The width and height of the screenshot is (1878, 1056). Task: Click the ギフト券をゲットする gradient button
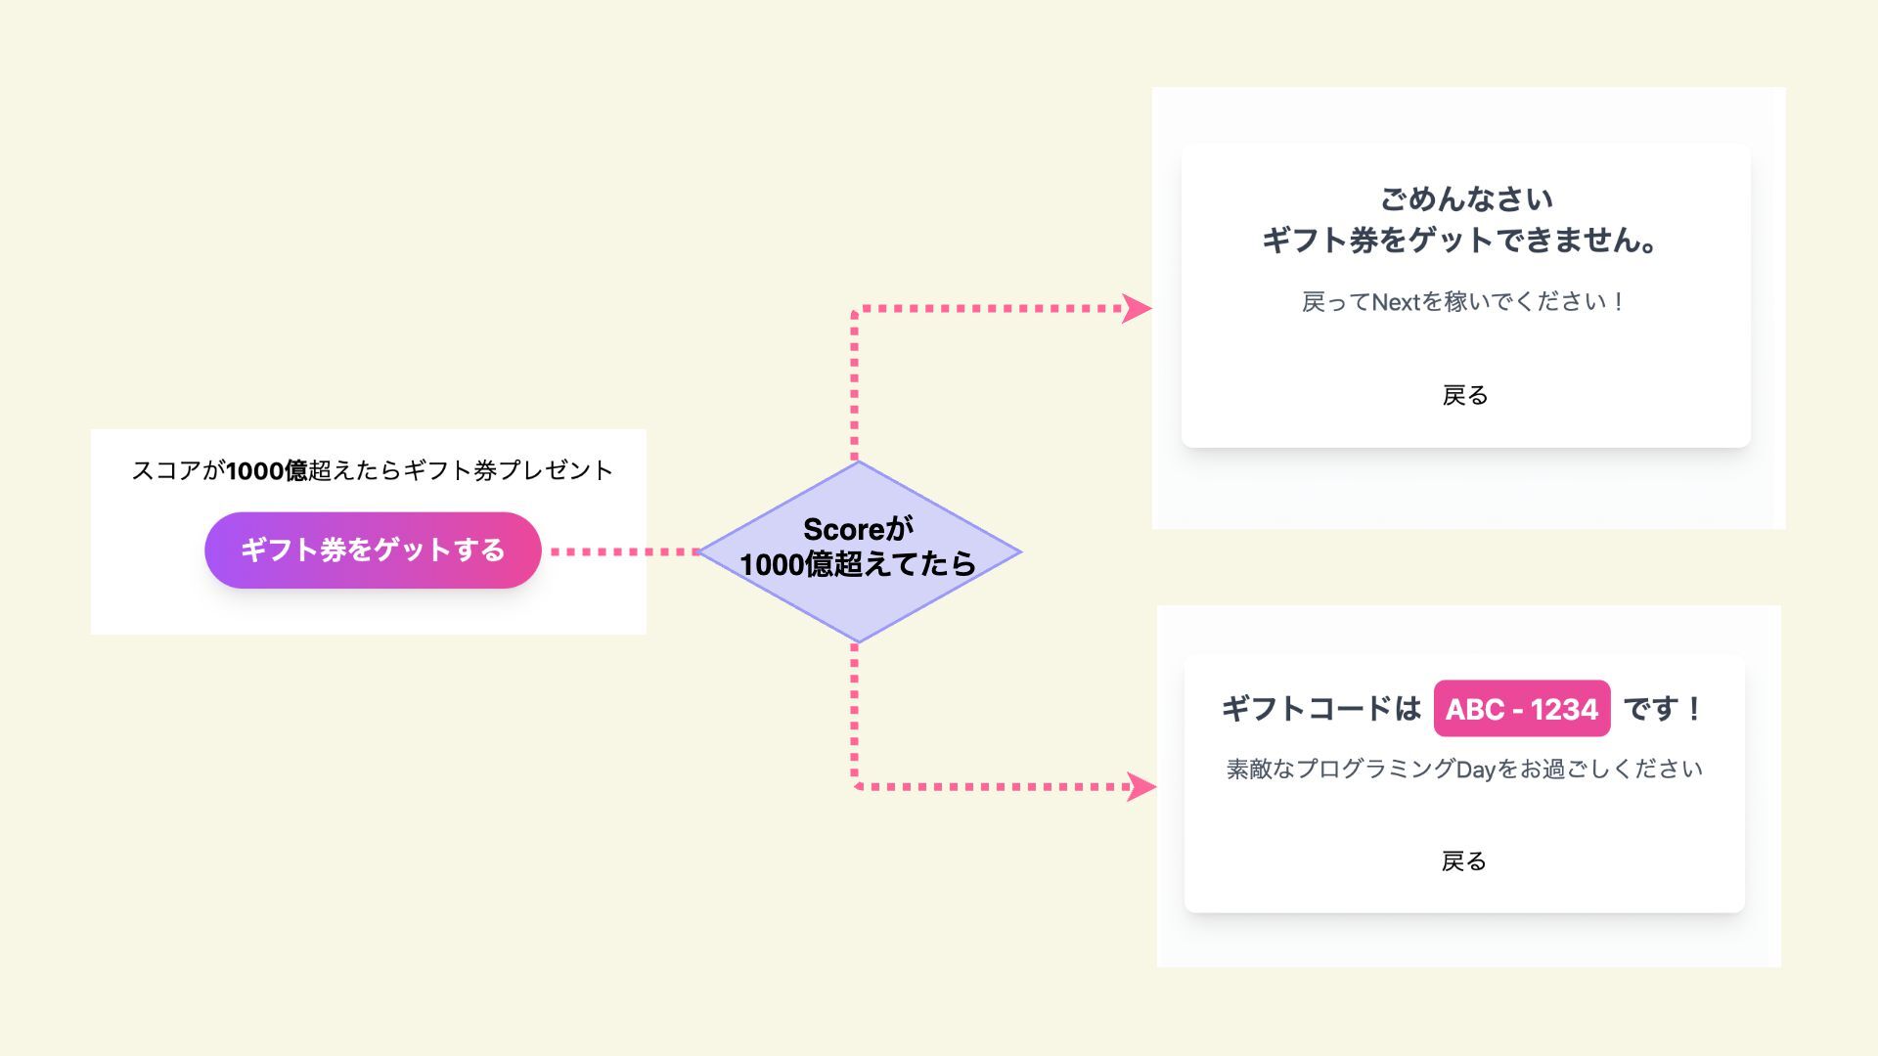point(373,550)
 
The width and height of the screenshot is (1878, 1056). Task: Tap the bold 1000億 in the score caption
point(267,471)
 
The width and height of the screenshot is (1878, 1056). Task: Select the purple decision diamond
point(859,606)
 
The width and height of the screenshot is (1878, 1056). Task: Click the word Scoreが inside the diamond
point(858,530)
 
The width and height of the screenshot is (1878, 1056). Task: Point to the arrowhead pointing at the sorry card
point(1137,309)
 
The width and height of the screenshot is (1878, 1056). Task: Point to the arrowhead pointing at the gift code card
point(1140,787)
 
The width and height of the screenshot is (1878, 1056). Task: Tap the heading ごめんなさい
point(1465,200)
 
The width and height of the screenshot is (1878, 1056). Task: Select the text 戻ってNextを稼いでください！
point(1463,302)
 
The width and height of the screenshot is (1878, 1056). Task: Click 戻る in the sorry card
point(1465,396)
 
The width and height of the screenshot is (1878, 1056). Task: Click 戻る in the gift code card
point(1464,861)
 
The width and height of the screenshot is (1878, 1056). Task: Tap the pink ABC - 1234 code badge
point(1521,709)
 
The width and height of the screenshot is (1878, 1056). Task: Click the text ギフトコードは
point(1320,709)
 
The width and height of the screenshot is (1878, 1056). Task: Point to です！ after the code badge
point(1663,709)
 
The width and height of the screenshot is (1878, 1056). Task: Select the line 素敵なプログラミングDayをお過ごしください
point(1464,770)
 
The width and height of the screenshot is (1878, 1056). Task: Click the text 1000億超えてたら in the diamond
point(858,565)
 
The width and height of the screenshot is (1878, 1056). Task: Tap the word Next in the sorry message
point(1396,303)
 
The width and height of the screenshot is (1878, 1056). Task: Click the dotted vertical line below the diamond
point(855,714)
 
